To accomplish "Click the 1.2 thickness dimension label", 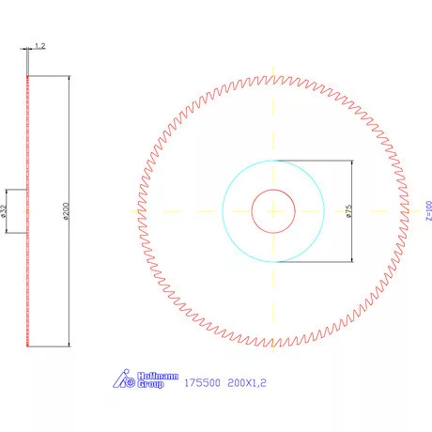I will [40, 45].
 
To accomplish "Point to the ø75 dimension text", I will [348, 210].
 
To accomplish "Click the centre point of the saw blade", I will [273, 210].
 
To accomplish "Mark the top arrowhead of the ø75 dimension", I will [351, 162].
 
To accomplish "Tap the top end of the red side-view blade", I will [28, 76].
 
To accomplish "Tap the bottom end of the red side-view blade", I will [28, 346].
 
